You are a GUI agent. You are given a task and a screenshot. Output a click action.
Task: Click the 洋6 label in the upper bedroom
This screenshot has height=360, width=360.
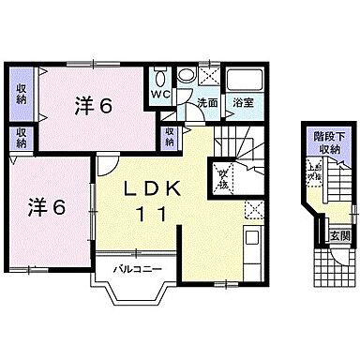point(95,106)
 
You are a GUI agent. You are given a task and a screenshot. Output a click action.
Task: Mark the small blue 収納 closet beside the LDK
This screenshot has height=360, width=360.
point(169,136)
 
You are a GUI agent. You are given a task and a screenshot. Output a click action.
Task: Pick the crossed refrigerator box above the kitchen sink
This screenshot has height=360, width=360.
point(251,211)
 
